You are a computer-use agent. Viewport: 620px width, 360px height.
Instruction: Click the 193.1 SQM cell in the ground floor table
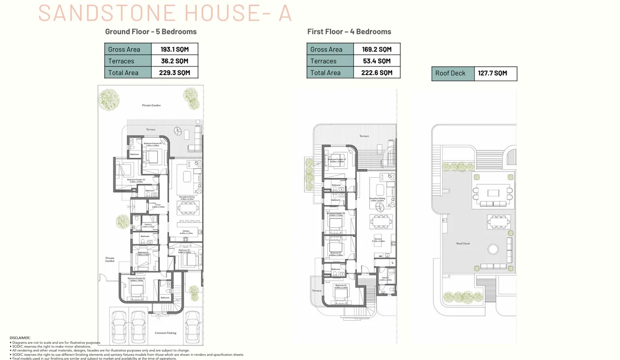point(174,49)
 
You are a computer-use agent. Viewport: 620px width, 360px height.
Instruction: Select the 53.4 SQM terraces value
point(377,61)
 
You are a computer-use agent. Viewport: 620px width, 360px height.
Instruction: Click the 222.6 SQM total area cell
point(377,73)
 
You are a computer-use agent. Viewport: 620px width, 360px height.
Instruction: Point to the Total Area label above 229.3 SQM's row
point(123,73)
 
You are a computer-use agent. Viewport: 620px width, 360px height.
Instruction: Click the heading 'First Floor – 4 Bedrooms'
point(349,32)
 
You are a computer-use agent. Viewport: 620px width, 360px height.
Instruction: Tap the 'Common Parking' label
point(165,333)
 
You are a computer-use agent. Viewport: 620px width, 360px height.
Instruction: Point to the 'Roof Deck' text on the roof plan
point(463,244)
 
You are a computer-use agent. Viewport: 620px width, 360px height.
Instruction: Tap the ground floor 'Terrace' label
point(151,129)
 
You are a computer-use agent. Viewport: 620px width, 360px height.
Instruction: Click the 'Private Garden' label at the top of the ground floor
point(151,105)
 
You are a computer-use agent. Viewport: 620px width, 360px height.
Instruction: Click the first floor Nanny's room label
point(386,278)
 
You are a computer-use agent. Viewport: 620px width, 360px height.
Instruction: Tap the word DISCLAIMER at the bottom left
point(20,338)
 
